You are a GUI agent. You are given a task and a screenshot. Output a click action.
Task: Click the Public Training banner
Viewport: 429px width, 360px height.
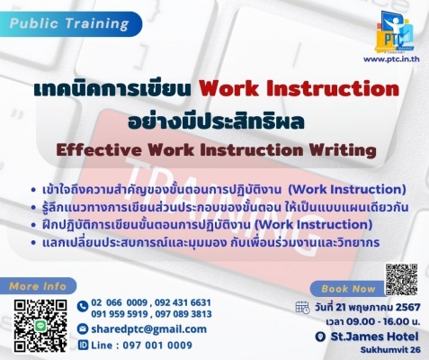tap(70, 24)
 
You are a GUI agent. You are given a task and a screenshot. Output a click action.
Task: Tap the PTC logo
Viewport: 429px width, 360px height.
tap(395, 32)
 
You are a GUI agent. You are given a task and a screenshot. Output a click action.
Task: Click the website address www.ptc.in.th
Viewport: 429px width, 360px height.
tap(391, 59)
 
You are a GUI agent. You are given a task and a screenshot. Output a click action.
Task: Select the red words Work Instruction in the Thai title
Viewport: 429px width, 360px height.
tap(299, 89)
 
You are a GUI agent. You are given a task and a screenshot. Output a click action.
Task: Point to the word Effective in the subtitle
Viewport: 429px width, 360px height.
tap(99, 150)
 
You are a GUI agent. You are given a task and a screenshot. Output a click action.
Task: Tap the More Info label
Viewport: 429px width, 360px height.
tap(38, 286)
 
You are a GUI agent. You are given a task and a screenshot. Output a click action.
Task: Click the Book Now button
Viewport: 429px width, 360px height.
tap(348, 289)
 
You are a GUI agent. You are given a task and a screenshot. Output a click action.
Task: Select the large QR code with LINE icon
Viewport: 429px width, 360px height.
tap(40, 326)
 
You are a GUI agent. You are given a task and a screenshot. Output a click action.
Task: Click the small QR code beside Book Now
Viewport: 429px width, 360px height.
tap(401, 280)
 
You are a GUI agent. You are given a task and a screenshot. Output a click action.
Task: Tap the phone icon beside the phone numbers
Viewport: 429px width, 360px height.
tap(82, 307)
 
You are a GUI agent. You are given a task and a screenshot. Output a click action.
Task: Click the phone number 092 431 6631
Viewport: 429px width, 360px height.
tap(183, 302)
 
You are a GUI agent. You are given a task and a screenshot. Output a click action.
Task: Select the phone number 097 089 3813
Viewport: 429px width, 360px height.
tap(183, 314)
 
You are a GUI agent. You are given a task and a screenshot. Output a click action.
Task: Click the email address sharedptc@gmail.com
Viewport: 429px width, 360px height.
tap(149, 329)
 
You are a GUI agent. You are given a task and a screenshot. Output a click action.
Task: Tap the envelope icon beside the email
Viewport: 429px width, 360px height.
tap(82, 329)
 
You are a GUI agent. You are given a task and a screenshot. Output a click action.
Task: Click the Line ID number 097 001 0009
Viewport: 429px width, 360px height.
tap(157, 346)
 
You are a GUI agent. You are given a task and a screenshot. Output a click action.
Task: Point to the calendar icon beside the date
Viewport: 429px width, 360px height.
tap(302, 307)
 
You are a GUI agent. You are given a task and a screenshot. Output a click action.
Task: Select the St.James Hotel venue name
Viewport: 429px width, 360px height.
tap(374, 337)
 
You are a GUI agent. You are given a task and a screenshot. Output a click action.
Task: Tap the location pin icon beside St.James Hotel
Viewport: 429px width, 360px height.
tap(320, 337)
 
